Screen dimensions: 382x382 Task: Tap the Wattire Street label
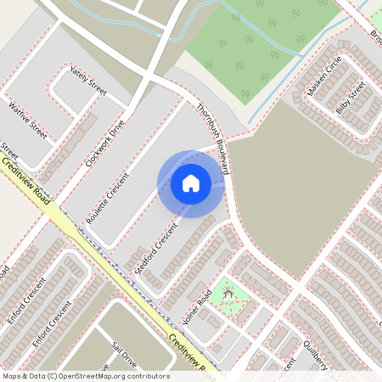tap(26, 120)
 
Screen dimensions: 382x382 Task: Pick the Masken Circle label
tap(325, 76)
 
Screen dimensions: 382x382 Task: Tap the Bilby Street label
tap(350, 97)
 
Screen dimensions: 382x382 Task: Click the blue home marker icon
tap(191, 183)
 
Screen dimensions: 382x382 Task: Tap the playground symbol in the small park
tap(228, 294)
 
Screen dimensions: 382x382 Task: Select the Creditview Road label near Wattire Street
tap(24, 182)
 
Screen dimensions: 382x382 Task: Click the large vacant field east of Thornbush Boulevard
tap(306, 195)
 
